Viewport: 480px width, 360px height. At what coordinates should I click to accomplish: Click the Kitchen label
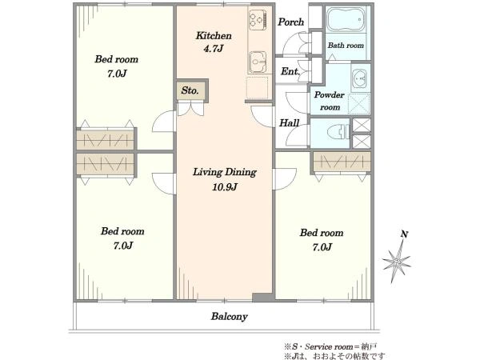coord(214,36)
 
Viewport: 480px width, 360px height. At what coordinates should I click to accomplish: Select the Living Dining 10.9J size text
coord(225,186)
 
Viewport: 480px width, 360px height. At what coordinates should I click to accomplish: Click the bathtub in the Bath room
coord(346,19)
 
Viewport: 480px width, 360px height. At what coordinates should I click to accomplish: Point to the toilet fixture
coord(338,133)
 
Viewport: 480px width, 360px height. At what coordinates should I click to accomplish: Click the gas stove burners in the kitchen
coord(258,19)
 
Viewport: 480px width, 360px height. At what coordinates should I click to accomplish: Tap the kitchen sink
coord(257,62)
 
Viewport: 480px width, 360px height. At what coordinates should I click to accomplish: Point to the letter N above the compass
coord(404,234)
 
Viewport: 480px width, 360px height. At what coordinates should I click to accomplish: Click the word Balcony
coord(229,317)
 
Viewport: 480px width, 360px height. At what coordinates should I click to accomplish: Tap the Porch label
coord(291,22)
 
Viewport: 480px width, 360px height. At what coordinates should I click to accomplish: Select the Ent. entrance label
coord(290,71)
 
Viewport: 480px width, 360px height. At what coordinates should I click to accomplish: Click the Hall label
coord(289,123)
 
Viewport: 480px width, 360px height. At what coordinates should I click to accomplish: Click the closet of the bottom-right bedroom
coord(342,162)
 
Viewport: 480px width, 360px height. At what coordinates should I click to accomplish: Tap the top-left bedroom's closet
coord(106,140)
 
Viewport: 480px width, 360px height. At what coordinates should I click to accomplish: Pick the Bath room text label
coord(346,46)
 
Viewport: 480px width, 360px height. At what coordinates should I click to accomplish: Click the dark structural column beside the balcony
coord(262,298)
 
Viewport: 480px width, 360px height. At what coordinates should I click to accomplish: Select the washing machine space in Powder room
coord(359,104)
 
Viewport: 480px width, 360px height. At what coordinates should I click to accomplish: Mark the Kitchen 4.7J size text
coord(214,49)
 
